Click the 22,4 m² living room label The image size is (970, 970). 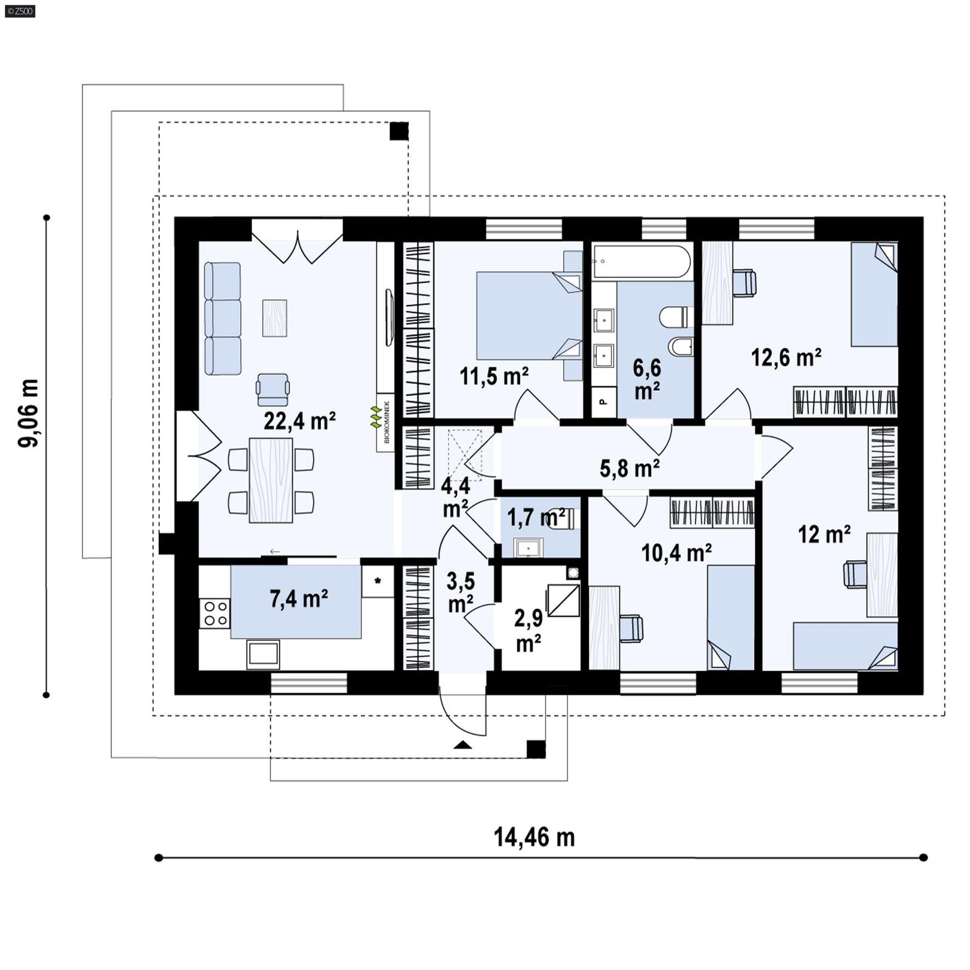(299, 420)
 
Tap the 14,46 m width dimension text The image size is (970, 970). (533, 837)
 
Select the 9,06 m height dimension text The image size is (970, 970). (29, 413)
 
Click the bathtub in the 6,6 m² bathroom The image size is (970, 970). (641, 261)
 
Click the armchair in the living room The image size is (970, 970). (272, 389)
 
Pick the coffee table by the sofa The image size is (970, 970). (274, 318)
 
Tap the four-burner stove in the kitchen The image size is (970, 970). (215, 613)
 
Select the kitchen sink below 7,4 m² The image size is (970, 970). (263, 654)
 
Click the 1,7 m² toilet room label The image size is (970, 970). (536, 518)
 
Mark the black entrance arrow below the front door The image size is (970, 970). (463, 745)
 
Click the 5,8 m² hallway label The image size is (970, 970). (629, 468)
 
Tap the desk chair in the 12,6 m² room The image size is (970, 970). (744, 283)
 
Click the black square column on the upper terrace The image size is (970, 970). (398, 131)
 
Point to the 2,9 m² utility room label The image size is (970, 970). (528, 630)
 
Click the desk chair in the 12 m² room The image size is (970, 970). (855, 574)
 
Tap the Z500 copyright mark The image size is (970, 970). (20, 10)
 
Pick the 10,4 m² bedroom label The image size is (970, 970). (676, 552)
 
